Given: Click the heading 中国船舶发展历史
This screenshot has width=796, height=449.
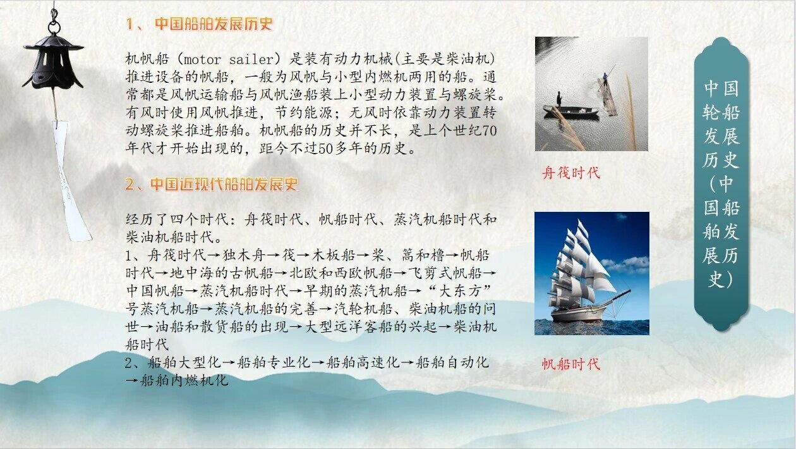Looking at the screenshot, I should point(214,24).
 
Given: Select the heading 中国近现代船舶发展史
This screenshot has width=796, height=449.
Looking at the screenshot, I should point(223,185).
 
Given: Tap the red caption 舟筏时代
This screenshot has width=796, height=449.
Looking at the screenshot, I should point(571,173).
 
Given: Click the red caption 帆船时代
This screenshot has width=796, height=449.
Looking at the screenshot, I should point(571,364).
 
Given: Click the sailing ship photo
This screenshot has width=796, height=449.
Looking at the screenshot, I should point(591,273).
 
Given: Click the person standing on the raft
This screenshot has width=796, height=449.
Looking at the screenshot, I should point(605,80).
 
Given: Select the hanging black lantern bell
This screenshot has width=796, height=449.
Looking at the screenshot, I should point(52,61).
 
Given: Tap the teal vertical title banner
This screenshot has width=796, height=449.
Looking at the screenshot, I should point(721,183).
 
